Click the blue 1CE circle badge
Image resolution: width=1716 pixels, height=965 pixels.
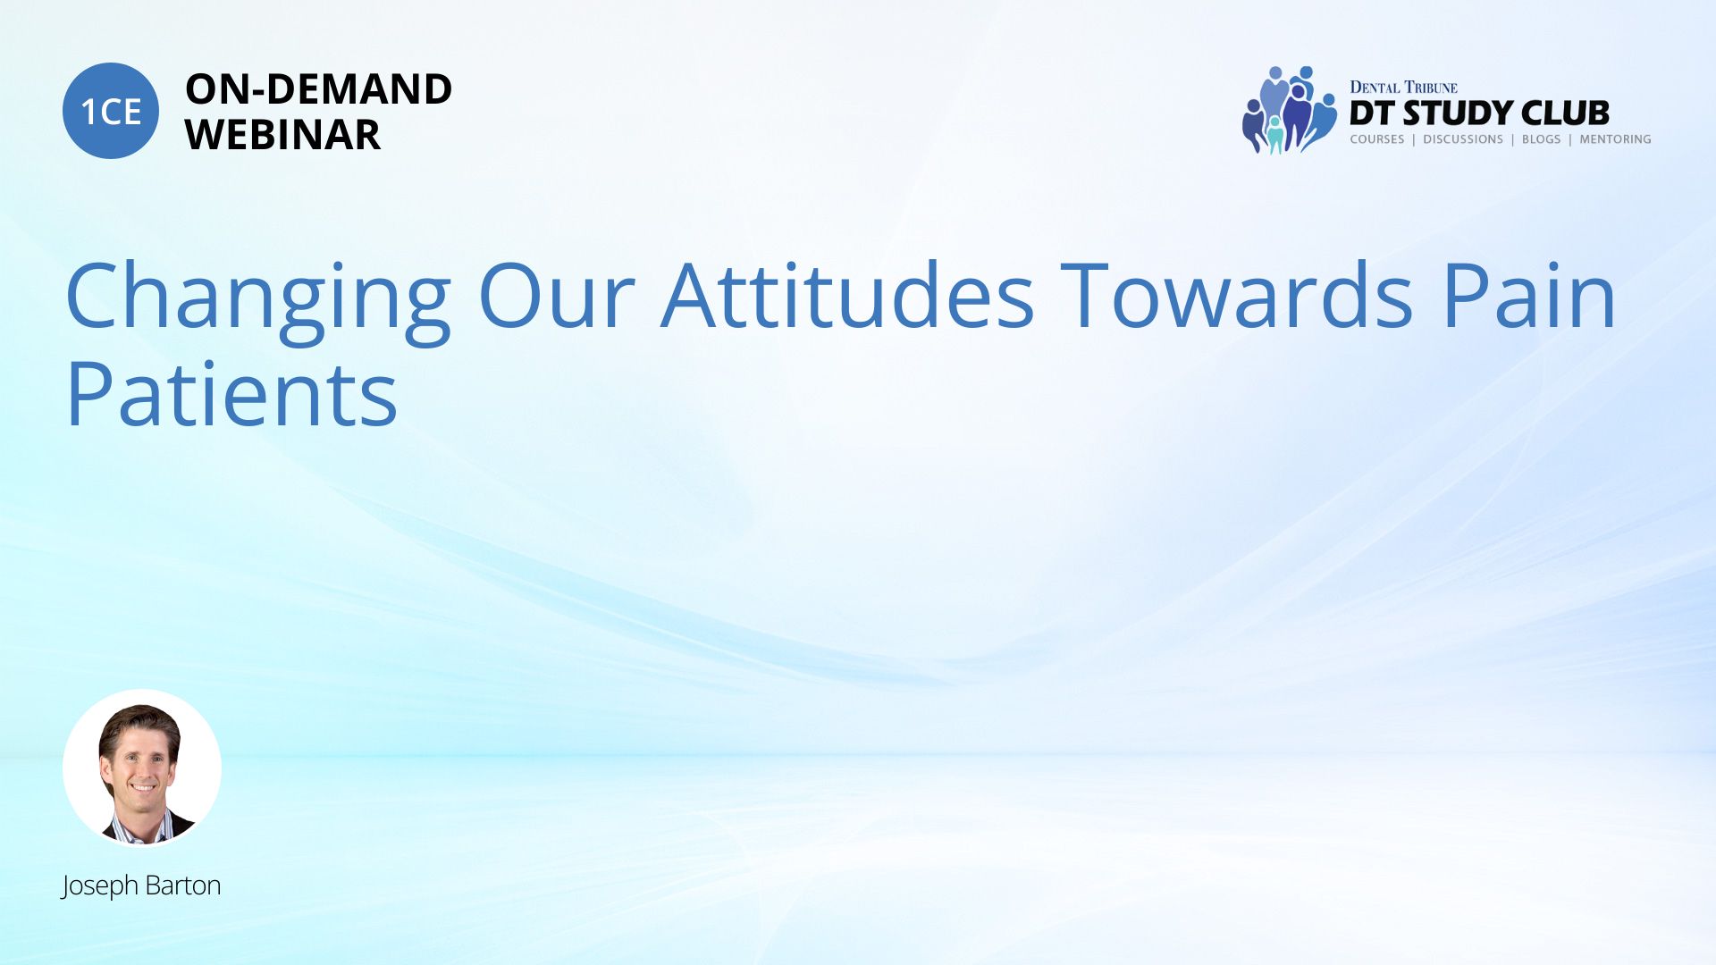tap(111, 111)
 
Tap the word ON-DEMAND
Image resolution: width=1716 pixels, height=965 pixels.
tap(318, 89)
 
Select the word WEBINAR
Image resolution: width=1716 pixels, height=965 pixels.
tap(282, 135)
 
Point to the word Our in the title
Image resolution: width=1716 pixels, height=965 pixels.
tap(557, 297)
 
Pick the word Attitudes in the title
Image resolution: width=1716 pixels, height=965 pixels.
tap(848, 295)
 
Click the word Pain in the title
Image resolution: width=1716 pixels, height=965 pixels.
tap(1529, 295)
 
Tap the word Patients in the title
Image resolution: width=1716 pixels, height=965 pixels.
tap(231, 394)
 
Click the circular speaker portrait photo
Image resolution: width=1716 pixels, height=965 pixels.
tap(142, 768)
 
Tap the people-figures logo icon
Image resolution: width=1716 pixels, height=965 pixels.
tap(1289, 110)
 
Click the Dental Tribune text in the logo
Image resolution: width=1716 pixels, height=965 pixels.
tap(1403, 88)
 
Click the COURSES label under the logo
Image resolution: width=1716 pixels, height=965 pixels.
tap(1376, 139)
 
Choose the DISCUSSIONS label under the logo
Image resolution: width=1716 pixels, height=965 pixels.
tap(1463, 139)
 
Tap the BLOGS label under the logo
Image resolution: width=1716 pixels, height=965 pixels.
tap(1541, 139)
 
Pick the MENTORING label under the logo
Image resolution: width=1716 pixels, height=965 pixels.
tap(1615, 139)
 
